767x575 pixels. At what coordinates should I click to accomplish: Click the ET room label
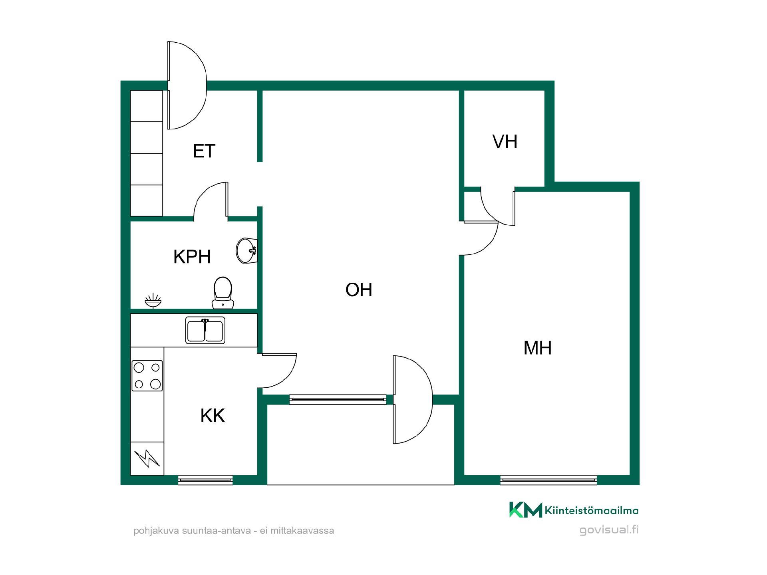tap(204, 151)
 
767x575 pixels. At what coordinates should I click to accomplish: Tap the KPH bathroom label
tap(192, 257)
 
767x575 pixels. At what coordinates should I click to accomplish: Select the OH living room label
tap(359, 290)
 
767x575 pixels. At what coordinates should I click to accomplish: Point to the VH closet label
tap(505, 142)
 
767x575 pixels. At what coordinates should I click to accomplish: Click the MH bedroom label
tap(538, 348)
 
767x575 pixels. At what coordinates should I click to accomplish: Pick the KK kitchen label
tap(213, 416)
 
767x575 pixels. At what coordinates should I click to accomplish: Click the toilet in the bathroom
tap(223, 293)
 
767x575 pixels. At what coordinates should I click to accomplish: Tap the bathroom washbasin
tap(246, 251)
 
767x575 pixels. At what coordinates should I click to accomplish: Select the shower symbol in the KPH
tap(153, 301)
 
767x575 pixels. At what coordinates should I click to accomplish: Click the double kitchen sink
tap(205, 331)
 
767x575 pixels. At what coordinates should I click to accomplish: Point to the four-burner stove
tap(147, 376)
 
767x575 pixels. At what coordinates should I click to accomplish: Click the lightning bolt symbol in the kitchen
tap(147, 458)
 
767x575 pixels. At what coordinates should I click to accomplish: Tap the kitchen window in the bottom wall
tap(205, 480)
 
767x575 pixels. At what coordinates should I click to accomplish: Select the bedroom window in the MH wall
tap(548, 480)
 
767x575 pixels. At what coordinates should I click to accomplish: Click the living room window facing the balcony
tap(338, 400)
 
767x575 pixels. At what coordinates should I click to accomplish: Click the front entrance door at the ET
tap(187, 85)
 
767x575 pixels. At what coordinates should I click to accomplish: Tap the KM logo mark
tap(525, 510)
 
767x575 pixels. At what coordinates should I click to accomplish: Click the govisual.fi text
tap(609, 530)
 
